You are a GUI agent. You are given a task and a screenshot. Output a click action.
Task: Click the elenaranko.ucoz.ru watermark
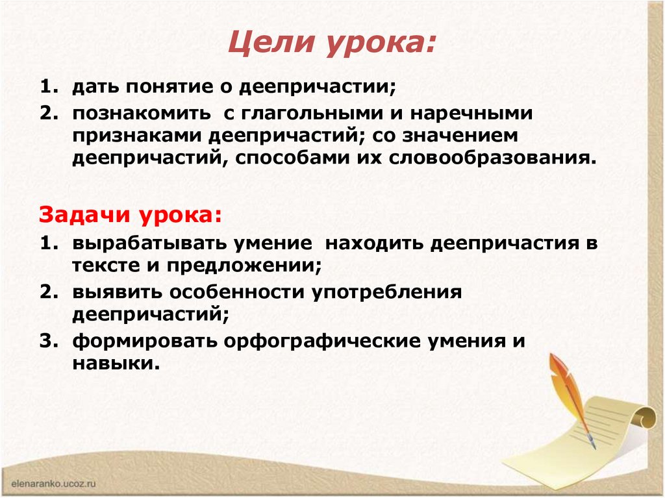point(54,483)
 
